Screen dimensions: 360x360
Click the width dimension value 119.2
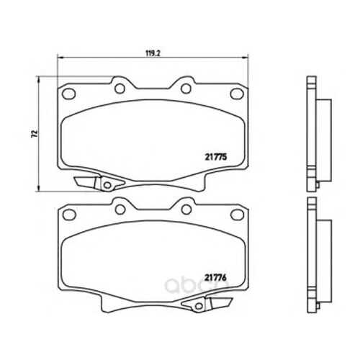point(153,53)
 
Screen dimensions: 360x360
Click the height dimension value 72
point(35,134)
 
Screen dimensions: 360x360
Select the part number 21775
point(216,157)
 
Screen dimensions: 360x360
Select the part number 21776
point(215,277)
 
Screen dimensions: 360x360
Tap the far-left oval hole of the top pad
point(68,94)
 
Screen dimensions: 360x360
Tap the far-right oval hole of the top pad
point(237,94)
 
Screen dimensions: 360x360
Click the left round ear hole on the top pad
point(120,89)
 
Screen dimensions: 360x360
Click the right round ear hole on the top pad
point(186,89)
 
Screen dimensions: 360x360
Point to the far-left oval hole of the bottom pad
point(69,215)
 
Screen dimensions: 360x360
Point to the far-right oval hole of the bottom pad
point(238,215)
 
